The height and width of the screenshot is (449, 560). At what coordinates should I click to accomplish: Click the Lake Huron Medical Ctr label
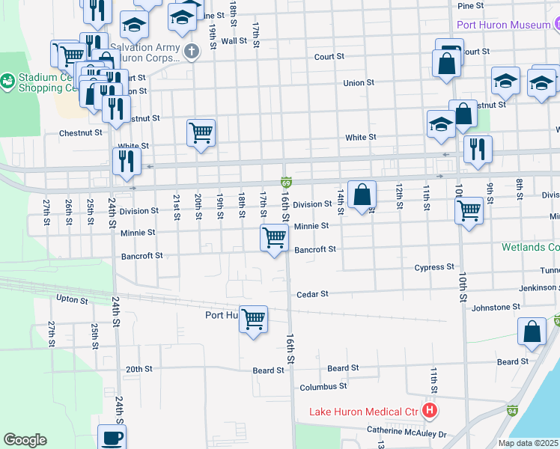pyautogui.click(x=364, y=412)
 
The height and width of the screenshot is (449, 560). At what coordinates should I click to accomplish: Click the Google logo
pyautogui.click(x=25, y=440)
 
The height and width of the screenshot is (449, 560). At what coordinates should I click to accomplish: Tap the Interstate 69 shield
pyautogui.click(x=286, y=182)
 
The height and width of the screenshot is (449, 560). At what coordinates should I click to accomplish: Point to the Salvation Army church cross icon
pyautogui.click(x=192, y=52)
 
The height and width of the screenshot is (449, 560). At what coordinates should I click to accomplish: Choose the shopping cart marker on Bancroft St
pyautogui.click(x=275, y=239)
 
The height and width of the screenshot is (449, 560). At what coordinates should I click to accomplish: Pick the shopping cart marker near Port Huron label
pyautogui.click(x=253, y=319)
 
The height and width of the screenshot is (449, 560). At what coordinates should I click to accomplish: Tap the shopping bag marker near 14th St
pyautogui.click(x=362, y=195)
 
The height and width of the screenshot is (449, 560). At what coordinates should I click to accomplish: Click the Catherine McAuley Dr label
pyautogui.click(x=406, y=433)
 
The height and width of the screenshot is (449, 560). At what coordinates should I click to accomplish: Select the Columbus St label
pyautogui.click(x=323, y=387)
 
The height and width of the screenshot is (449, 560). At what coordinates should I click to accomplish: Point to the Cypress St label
pyautogui.click(x=434, y=267)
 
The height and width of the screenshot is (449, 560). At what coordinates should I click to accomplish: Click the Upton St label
pyautogui.click(x=73, y=299)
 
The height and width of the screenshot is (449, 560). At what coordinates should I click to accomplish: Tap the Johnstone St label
pyautogui.click(x=496, y=307)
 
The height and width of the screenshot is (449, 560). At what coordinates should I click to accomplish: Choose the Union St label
pyautogui.click(x=359, y=83)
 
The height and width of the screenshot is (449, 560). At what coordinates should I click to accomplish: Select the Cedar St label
pyautogui.click(x=313, y=294)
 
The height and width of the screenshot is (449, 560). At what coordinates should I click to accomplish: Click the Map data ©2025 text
pyautogui.click(x=529, y=443)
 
